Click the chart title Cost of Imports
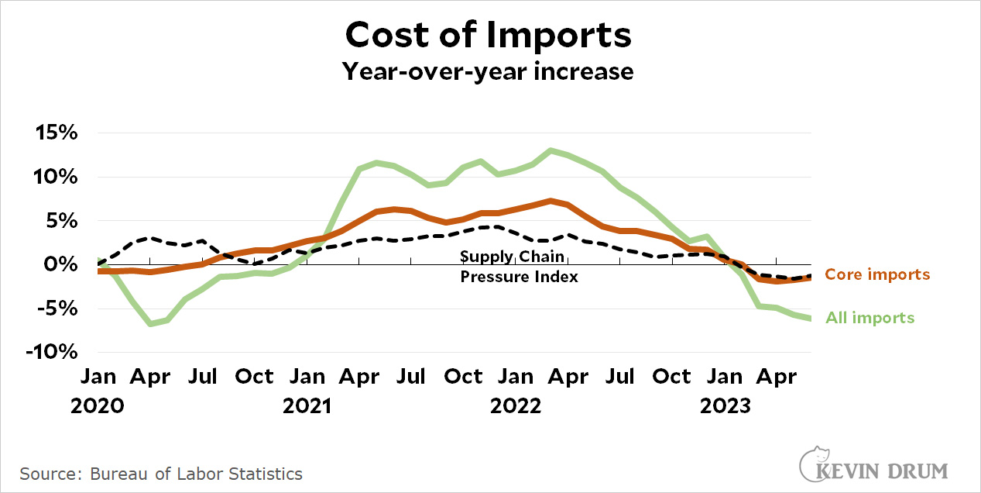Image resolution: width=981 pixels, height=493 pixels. (x=489, y=35)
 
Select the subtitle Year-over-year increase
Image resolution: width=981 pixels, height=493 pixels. (x=489, y=71)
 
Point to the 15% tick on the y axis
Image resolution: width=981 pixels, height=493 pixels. (x=56, y=133)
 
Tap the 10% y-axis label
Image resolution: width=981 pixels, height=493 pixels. (x=56, y=178)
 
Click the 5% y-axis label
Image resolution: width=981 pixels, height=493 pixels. (x=61, y=221)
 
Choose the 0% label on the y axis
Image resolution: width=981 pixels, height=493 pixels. (x=61, y=265)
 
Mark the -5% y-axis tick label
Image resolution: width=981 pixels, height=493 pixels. (x=57, y=309)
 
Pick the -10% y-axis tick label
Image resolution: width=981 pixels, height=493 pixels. (x=52, y=352)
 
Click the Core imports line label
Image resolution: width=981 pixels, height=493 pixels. (x=877, y=274)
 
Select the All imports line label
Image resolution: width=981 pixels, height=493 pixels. (x=870, y=318)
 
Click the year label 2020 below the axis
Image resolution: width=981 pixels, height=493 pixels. (x=98, y=405)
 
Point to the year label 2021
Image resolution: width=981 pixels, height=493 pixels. (x=307, y=405)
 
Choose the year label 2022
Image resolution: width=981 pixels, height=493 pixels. (x=516, y=405)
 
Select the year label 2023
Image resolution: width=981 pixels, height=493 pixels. (x=725, y=405)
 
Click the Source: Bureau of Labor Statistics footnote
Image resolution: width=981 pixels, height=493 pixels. (x=161, y=474)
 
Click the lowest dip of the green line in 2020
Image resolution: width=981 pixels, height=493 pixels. (x=150, y=323)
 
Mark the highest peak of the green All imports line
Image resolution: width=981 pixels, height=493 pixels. (x=550, y=150)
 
